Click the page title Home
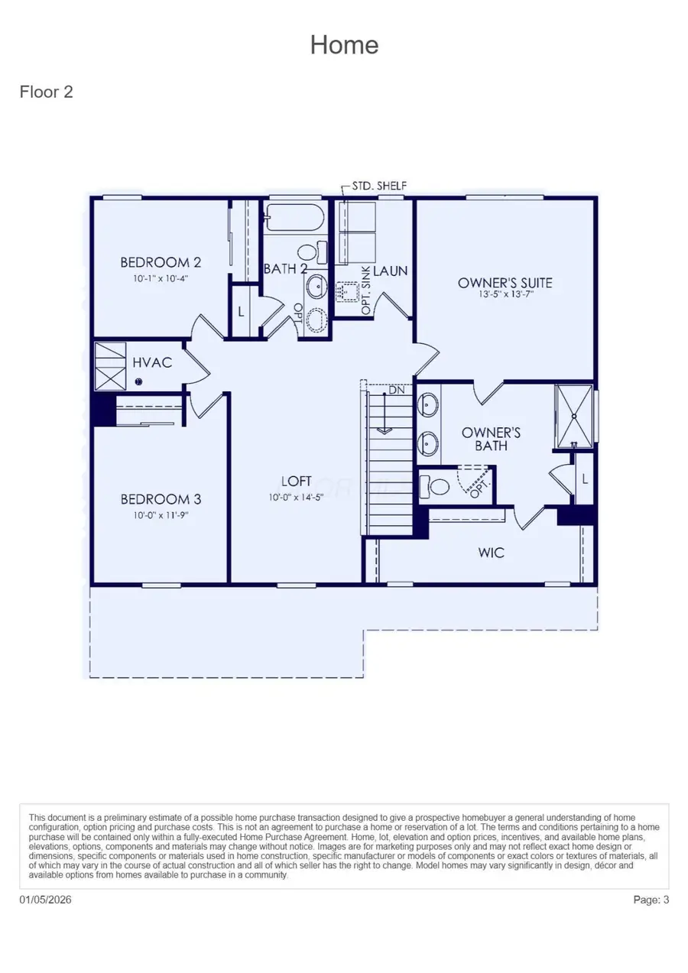click(x=344, y=45)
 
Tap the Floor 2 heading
click(x=46, y=92)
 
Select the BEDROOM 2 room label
click(x=161, y=263)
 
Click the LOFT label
click(x=297, y=481)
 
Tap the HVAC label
click(x=152, y=363)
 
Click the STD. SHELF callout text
click(x=379, y=186)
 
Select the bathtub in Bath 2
click(x=295, y=217)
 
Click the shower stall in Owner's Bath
click(x=573, y=417)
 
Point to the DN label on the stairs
click(x=396, y=390)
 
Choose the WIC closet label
click(x=492, y=552)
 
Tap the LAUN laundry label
click(x=391, y=271)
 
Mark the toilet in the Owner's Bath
click(x=438, y=485)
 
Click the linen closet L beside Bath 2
click(x=241, y=312)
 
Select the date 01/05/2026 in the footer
click(x=45, y=900)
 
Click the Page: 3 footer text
click(x=651, y=900)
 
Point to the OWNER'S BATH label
click(x=492, y=439)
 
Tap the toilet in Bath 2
click(x=309, y=251)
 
